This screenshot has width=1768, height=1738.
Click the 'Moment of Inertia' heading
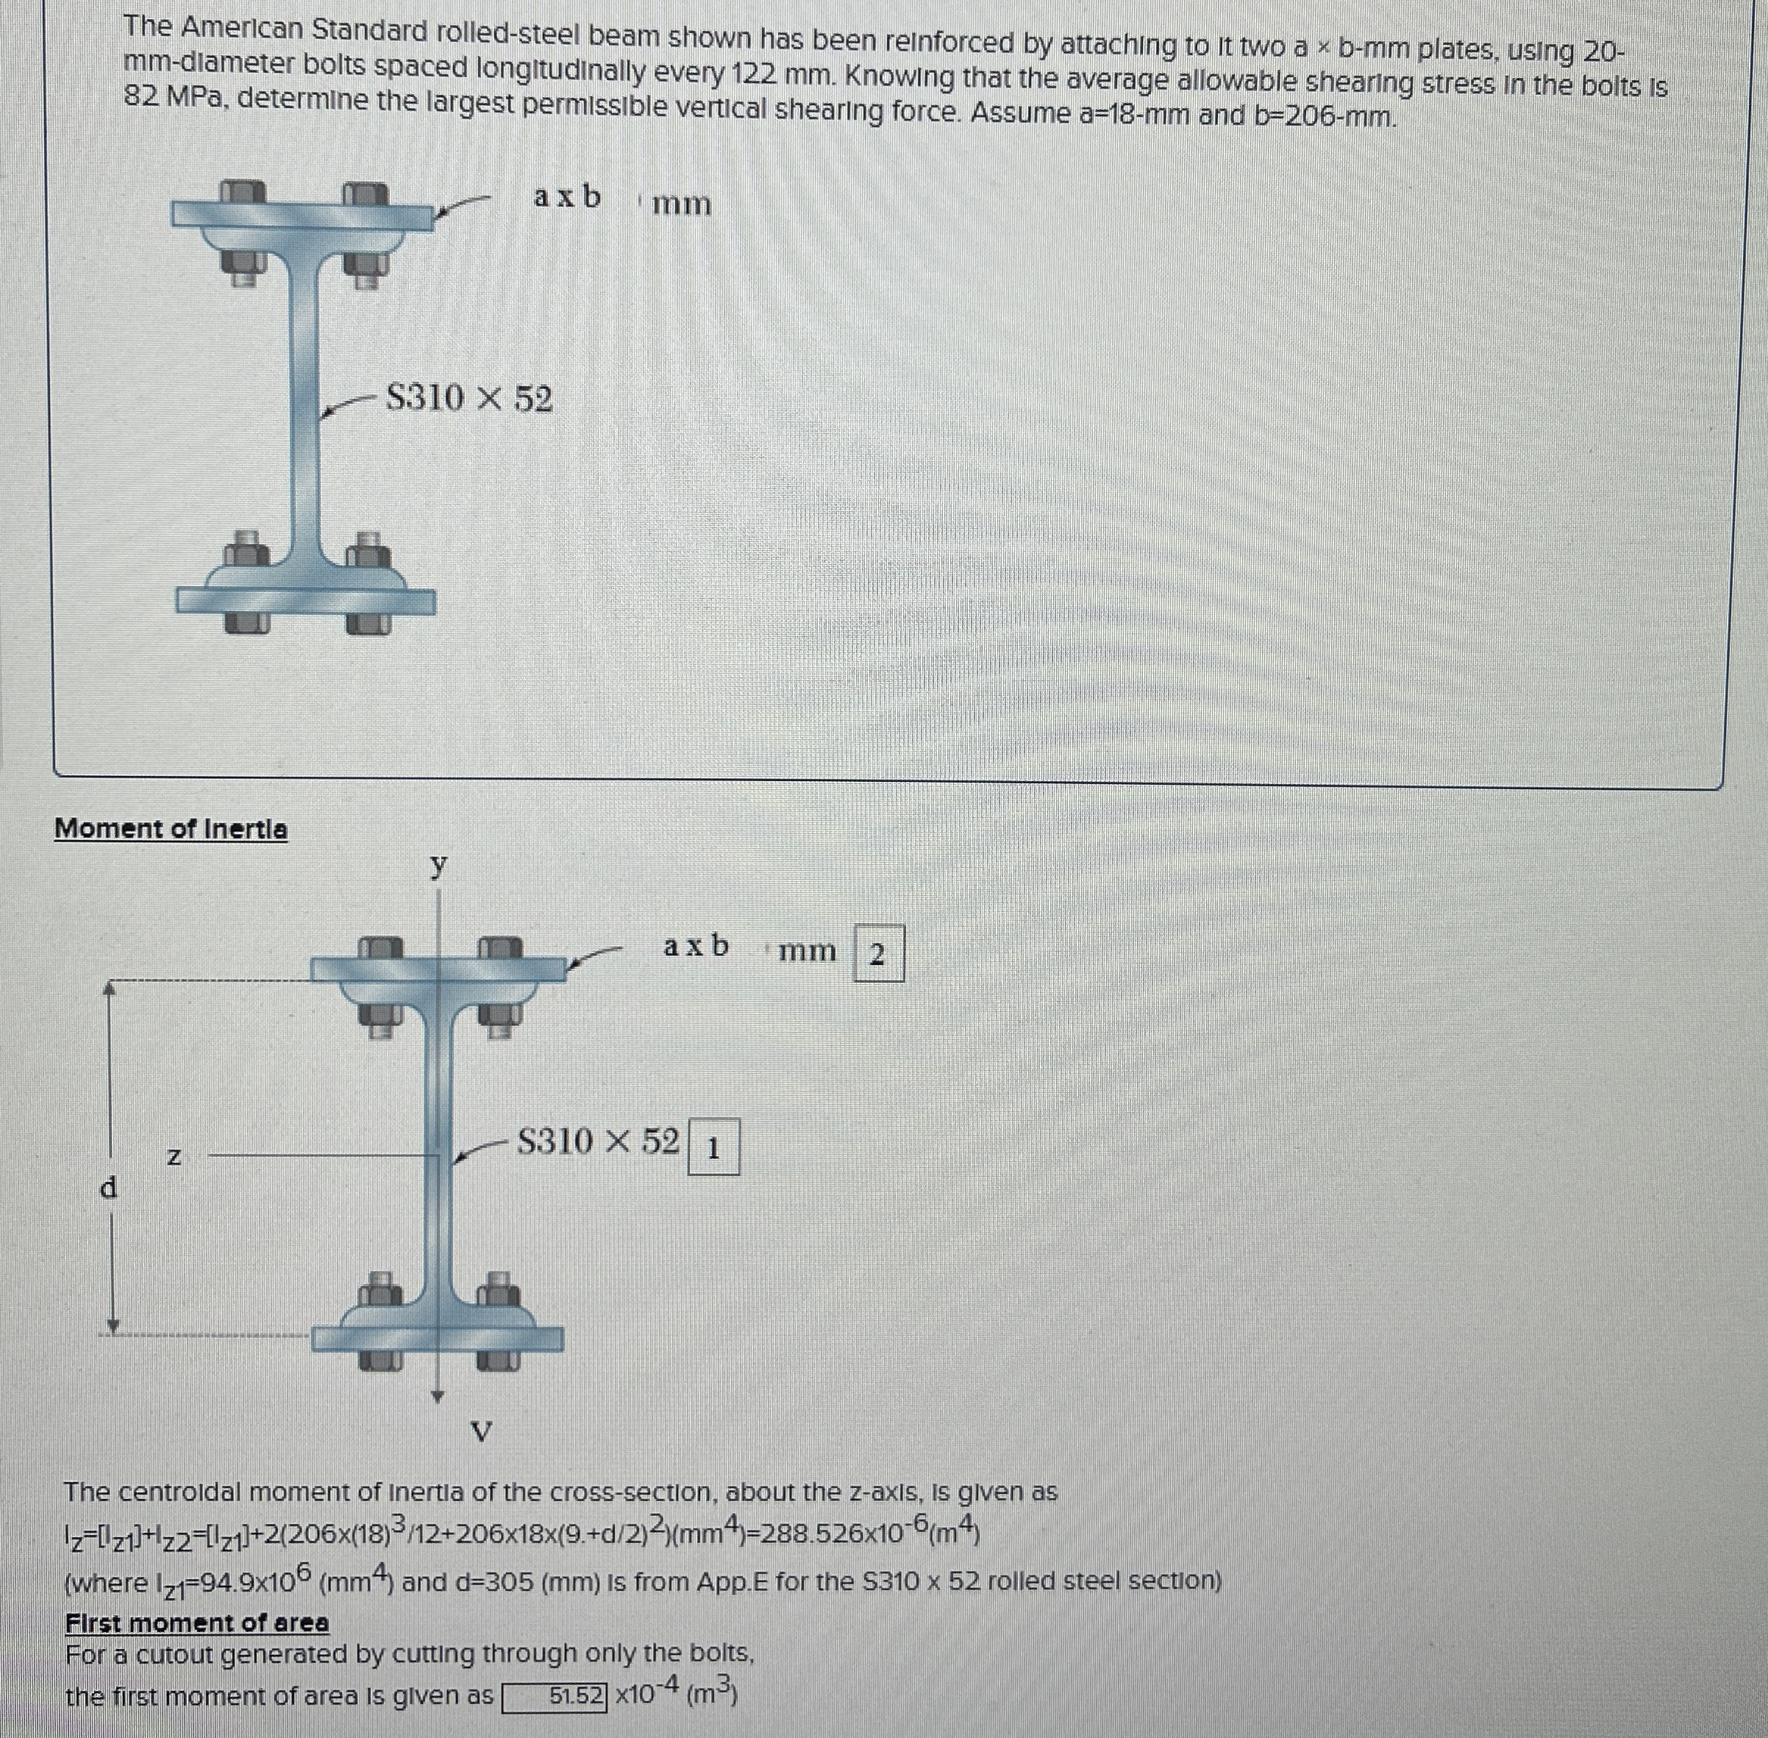171,829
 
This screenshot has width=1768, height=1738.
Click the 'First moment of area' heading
196,1623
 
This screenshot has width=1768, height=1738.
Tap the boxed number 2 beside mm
878,955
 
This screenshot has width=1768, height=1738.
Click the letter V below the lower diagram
481,1432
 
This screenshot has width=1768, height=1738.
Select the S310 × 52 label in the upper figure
469,398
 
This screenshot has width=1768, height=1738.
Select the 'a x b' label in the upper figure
567,196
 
